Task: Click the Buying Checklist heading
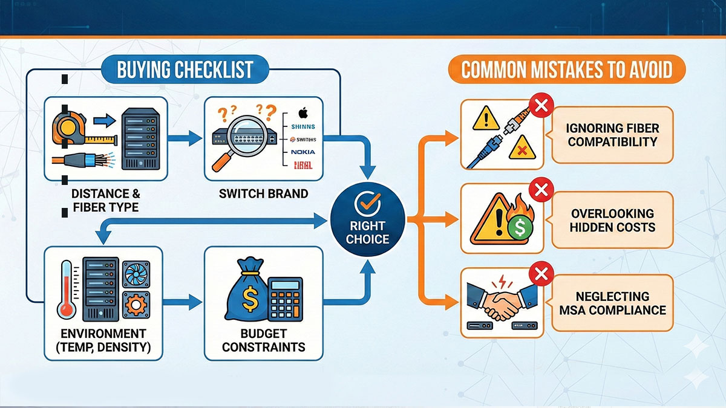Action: coord(185,70)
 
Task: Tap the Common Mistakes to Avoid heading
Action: coord(567,70)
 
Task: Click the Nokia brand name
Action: coord(302,152)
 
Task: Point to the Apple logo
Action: coord(302,112)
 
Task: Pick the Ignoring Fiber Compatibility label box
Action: coord(612,135)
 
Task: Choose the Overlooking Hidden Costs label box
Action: coord(612,220)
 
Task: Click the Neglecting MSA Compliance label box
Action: coord(612,303)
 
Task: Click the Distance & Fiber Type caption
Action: coord(105,201)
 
